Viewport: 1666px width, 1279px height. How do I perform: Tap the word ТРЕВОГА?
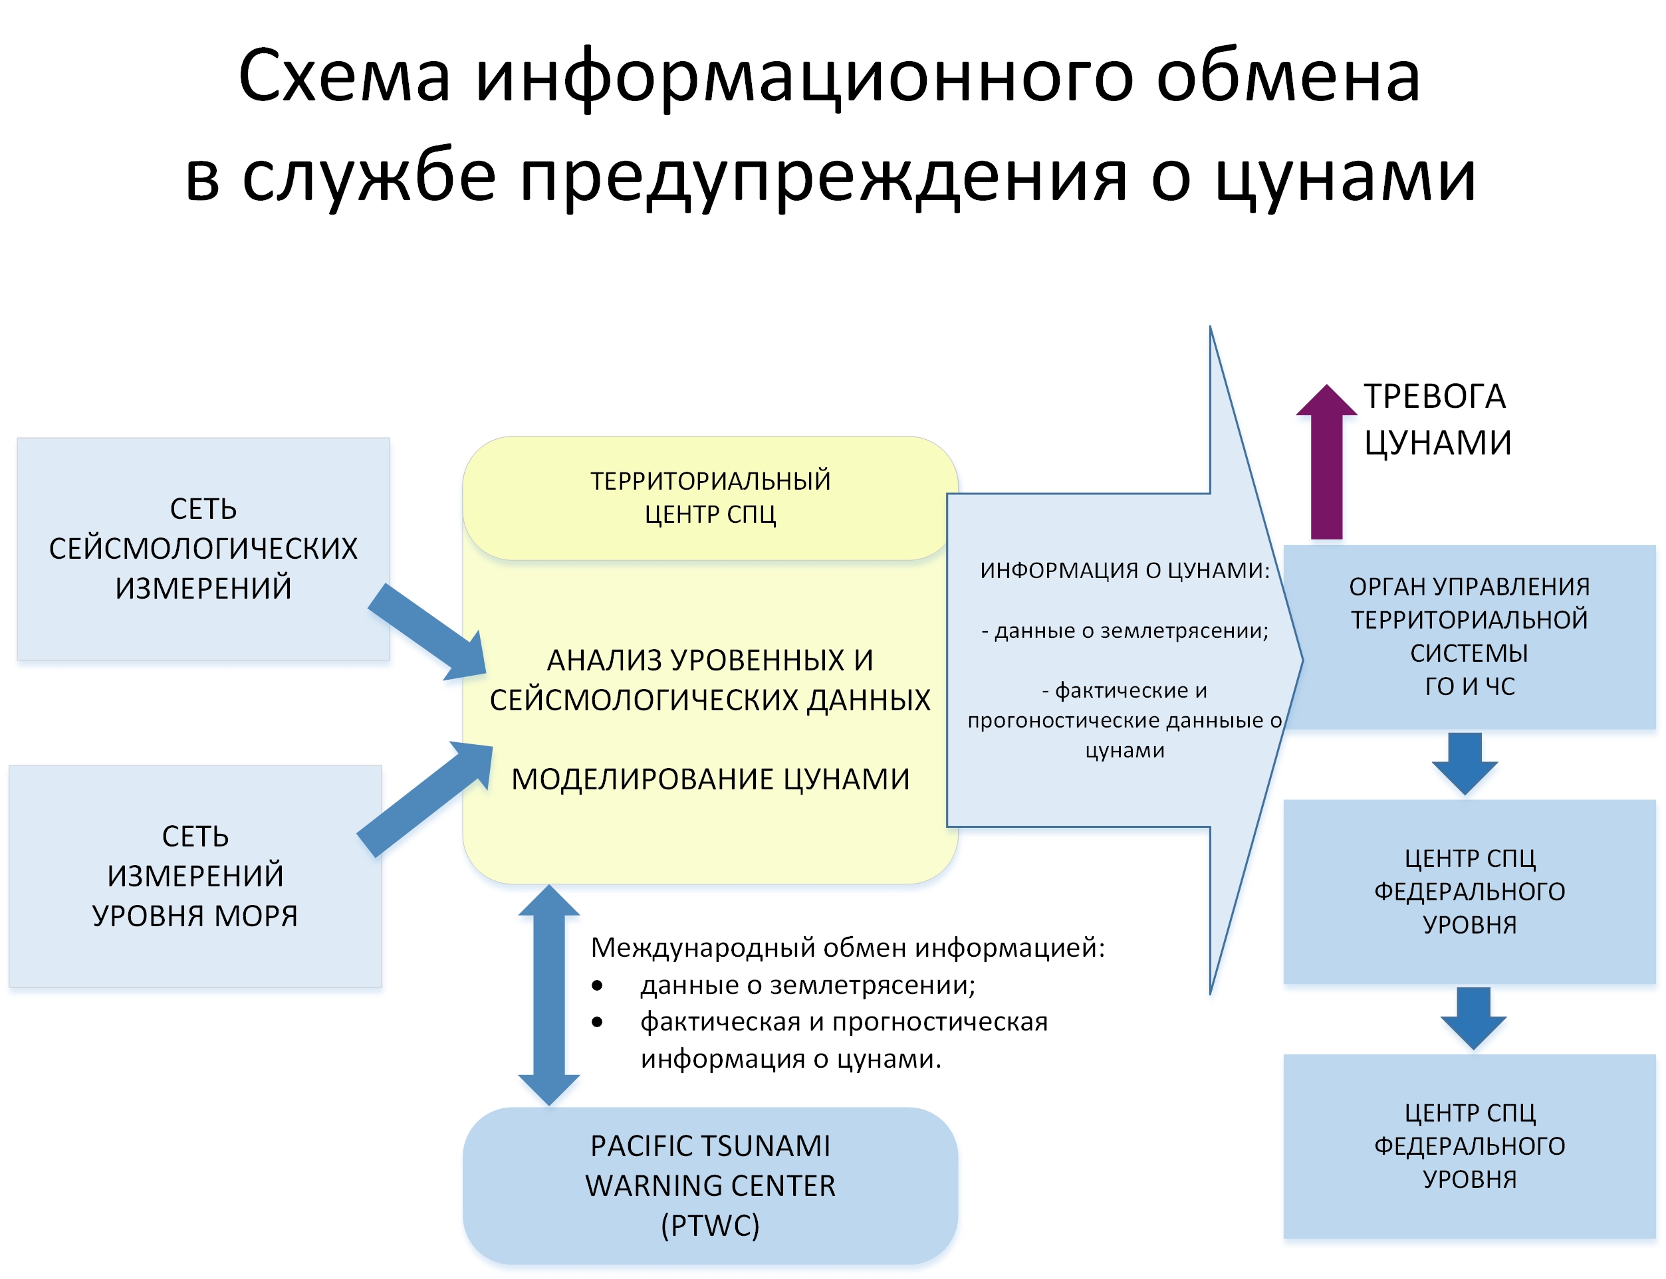pos(1435,396)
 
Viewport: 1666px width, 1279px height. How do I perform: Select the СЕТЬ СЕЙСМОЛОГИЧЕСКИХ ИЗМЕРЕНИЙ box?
pos(203,548)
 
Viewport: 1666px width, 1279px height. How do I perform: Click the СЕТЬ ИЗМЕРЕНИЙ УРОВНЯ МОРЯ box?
pos(195,876)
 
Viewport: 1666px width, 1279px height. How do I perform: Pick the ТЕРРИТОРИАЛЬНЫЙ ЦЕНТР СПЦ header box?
pos(709,498)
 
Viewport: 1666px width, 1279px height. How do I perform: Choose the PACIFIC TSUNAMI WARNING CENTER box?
pos(710,1185)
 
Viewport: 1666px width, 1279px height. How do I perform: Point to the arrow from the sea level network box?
pos(425,799)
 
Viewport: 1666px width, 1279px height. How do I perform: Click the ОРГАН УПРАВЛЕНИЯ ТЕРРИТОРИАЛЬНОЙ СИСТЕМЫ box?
pos(1469,637)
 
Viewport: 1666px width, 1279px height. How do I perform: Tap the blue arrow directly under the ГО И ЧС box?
pos(1464,764)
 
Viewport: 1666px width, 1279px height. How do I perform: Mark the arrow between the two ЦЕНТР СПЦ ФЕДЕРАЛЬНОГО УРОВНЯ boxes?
pos(1473,1019)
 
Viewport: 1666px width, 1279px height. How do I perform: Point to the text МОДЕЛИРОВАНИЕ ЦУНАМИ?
pos(710,779)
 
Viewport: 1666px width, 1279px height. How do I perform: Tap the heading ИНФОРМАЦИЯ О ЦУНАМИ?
pos(1124,569)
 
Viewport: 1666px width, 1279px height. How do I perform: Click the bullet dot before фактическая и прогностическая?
pos(597,1023)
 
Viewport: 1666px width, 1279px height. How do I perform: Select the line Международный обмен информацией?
pos(848,948)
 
